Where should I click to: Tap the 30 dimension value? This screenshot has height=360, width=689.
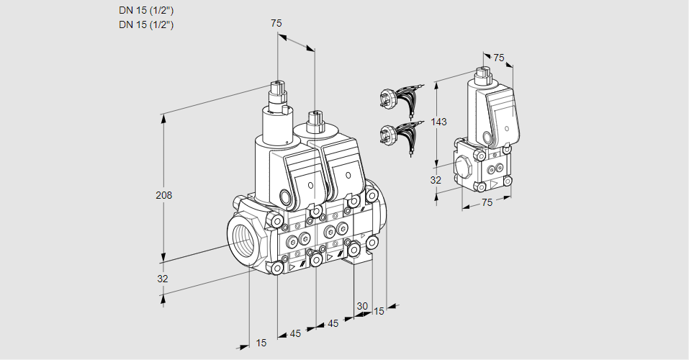(x=362, y=306)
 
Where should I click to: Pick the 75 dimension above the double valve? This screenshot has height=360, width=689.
(x=276, y=23)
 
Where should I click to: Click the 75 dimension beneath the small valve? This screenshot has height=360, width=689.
(x=487, y=203)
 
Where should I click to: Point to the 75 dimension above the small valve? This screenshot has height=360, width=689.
(x=498, y=58)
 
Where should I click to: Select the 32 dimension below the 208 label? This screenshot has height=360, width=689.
(x=163, y=279)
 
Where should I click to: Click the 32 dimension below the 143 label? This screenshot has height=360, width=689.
(x=436, y=180)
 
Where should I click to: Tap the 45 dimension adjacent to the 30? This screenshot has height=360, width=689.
(x=333, y=324)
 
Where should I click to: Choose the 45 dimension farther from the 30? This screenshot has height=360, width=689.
(x=295, y=333)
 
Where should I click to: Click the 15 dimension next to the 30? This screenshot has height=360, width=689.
(x=379, y=311)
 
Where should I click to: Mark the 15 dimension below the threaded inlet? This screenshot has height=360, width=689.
(x=261, y=343)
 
